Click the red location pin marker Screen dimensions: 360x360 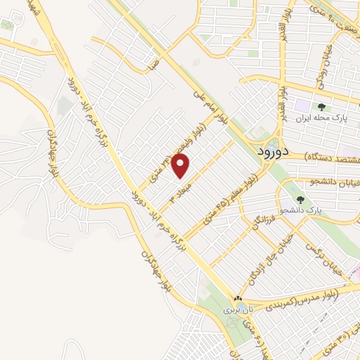point(182,166)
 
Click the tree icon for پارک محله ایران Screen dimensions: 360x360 point(321,108)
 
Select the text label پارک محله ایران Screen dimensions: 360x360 point(321,120)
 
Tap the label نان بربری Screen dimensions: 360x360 point(237,309)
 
